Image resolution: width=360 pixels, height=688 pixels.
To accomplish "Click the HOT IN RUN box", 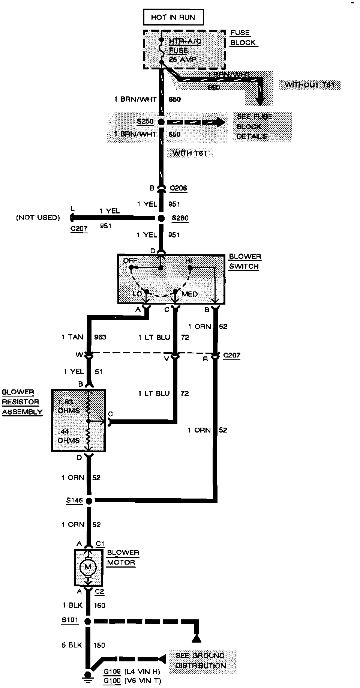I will coord(173,17).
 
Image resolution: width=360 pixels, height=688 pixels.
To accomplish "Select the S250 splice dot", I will coord(161,122).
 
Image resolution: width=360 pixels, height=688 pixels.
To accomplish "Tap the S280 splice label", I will coord(180,218).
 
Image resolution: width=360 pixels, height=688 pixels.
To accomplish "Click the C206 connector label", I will coord(178,188).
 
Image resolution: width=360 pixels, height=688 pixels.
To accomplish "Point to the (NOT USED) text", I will coord(38,218).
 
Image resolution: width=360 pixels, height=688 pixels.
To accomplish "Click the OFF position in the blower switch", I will coord(130,261).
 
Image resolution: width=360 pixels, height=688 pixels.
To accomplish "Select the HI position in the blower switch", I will coord(188,261).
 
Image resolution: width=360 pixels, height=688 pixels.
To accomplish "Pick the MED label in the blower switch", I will coord(189,294).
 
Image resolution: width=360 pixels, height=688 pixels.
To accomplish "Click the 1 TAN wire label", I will coord(72,337).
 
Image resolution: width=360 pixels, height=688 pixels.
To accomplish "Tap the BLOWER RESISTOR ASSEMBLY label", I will coord(22,402).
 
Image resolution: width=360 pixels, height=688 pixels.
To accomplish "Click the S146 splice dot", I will coord(89,501).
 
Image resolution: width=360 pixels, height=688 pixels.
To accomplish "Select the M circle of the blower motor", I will coord(88,567).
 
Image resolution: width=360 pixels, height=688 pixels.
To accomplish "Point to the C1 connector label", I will coord(100,544).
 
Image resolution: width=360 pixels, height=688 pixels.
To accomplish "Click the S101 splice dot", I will coord(88,621).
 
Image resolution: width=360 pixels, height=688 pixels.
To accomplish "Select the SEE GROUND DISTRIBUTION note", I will coord(201,661).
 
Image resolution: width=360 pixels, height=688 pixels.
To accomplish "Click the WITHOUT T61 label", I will coord(310,85).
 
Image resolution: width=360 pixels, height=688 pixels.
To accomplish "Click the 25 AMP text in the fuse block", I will coord(182,59).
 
